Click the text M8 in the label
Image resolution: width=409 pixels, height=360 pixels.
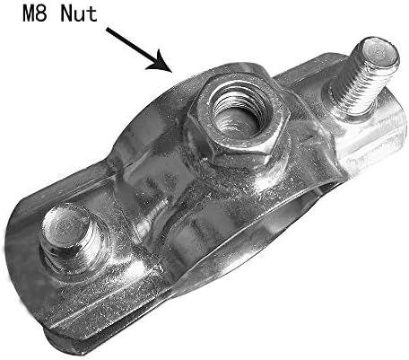tap(35, 14)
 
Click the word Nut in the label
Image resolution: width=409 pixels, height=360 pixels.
tap(79, 14)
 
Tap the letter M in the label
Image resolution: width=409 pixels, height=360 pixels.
tap(29, 14)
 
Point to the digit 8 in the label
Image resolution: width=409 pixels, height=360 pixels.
tap(42, 14)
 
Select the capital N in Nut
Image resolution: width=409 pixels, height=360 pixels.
tap(66, 14)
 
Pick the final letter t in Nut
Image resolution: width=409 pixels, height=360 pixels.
tap(91, 14)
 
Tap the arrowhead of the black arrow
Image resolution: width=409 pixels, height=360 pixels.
tap(161, 63)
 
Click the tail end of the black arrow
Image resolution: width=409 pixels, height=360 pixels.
tap(107, 29)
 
